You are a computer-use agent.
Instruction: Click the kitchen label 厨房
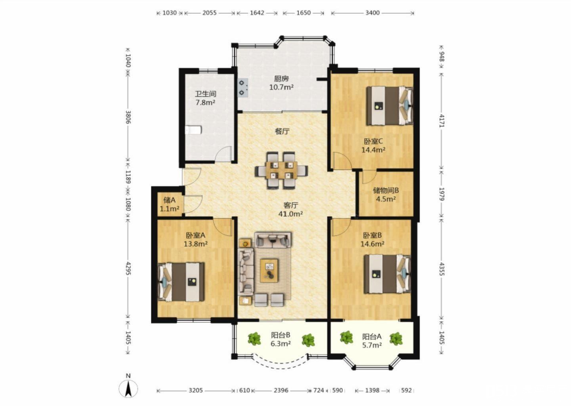[x=281, y=79]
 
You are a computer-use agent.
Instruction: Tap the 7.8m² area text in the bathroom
[x=205, y=103]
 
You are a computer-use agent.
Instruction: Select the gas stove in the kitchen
[x=243, y=88]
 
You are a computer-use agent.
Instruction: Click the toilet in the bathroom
[x=193, y=130]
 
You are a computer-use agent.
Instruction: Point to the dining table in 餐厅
[x=281, y=170]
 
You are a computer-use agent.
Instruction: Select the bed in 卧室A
[x=181, y=282]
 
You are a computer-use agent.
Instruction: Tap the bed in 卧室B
[x=387, y=274]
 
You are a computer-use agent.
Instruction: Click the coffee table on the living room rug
[x=269, y=270]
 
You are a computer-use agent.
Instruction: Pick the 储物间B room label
[x=386, y=190]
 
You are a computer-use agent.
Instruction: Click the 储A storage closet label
[x=169, y=200]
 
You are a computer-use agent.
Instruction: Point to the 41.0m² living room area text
[x=290, y=214]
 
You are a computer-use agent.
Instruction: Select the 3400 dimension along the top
[x=372, y=13]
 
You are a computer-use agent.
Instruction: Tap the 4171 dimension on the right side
[x=442, y=121]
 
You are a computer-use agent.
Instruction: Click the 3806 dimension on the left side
[x=128, y=117]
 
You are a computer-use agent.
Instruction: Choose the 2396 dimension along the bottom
[x=281, y=390]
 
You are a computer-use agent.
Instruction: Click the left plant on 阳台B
[x=254, y=339]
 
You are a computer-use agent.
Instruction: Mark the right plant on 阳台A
[x=396, y=339]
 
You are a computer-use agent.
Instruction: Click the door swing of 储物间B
[x=369, y=176]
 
